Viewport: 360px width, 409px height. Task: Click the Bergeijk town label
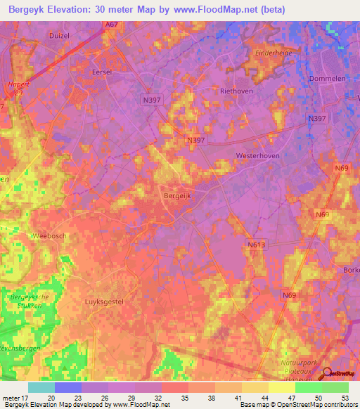pos(177,190)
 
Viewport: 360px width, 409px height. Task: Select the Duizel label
pos(60,34)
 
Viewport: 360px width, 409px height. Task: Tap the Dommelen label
pos(328,79)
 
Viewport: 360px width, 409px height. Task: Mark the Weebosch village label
pos(49,236)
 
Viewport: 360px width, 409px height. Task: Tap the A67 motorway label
pos(111,25)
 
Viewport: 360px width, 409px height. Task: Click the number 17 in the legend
pos(29,398)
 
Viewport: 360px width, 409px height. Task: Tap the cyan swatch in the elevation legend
pos(41,387)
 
